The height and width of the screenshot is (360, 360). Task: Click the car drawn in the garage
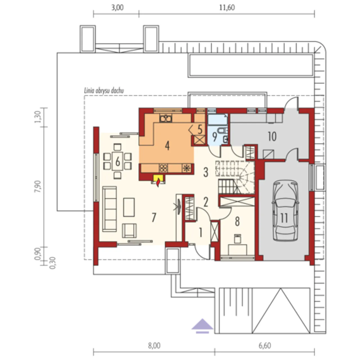pyautogui.click(x=285, y=210)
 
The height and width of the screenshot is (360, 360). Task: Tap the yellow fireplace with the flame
pyautogui.click(x=158, y=180)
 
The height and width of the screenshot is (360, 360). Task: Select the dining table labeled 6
pyautogui.click(x=118, y=161)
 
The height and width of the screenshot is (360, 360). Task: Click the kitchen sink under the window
pyautogui.click(x=166, y=118)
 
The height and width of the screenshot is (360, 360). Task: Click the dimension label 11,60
pyautogui.click(x=227, y=8)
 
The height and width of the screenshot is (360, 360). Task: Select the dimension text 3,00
pyautogui.click(x=117, y=8)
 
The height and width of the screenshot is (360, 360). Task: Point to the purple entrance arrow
pyautogui.click(x=202, y=326)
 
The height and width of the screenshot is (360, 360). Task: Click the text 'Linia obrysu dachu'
pyautogui.click(x=104, y=91)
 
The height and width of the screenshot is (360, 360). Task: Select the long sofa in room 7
pyautogui.click(x=110, y=209)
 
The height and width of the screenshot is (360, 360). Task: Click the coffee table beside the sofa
pyautogui.click(x=129, y=207)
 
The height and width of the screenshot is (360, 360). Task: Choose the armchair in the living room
pyautogui.click(x=129, y=231)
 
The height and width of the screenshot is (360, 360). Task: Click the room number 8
pyautogui.click(x=237, y=221)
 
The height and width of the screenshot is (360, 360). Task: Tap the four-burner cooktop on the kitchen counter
pyautogui.click(x=163, y=168)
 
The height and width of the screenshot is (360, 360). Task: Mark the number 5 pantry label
pyautogui.click(x=200, y=129)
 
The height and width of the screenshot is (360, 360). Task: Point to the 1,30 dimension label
pyautogui.click(x=38, y=117)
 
